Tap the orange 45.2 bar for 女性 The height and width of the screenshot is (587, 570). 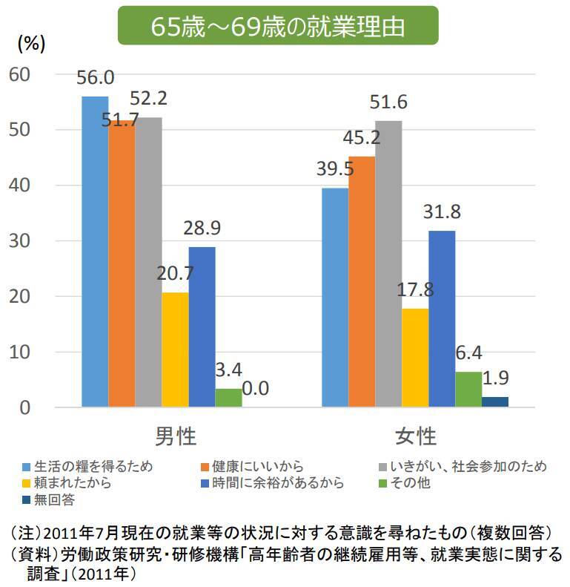362,281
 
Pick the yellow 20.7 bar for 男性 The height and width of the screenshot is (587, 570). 175,350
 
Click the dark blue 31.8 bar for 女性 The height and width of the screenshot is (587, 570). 442,318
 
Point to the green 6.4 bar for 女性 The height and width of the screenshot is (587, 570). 468,389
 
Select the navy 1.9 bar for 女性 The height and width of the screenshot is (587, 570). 495,401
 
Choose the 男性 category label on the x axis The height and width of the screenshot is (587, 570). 176,436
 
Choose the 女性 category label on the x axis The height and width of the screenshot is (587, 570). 415,436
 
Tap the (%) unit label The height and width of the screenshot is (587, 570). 31,44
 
